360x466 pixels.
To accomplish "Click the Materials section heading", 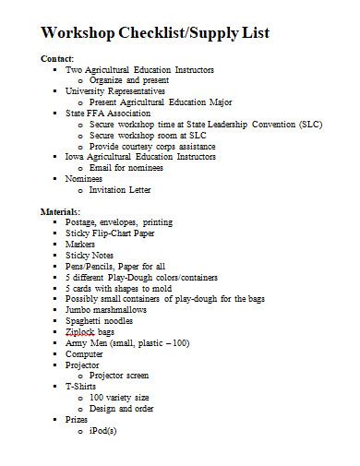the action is click(61, 211).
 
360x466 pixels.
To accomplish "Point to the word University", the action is click(89, 91).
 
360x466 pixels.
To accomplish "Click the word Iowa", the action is click(76, 157).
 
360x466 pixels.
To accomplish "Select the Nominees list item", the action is click(85, 179).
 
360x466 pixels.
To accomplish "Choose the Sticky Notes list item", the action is click(90, 255).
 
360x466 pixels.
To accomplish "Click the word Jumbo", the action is click(80, 310).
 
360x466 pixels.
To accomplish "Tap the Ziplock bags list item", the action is click(90, 331).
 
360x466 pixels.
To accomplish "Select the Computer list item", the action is click(85, 353).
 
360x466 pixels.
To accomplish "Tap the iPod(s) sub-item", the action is click(102, 430).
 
